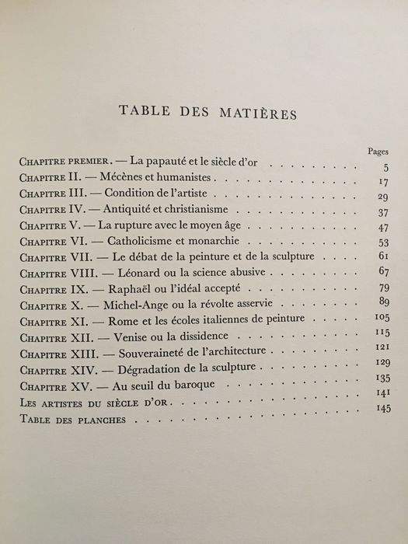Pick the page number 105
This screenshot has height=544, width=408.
[380, 319]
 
